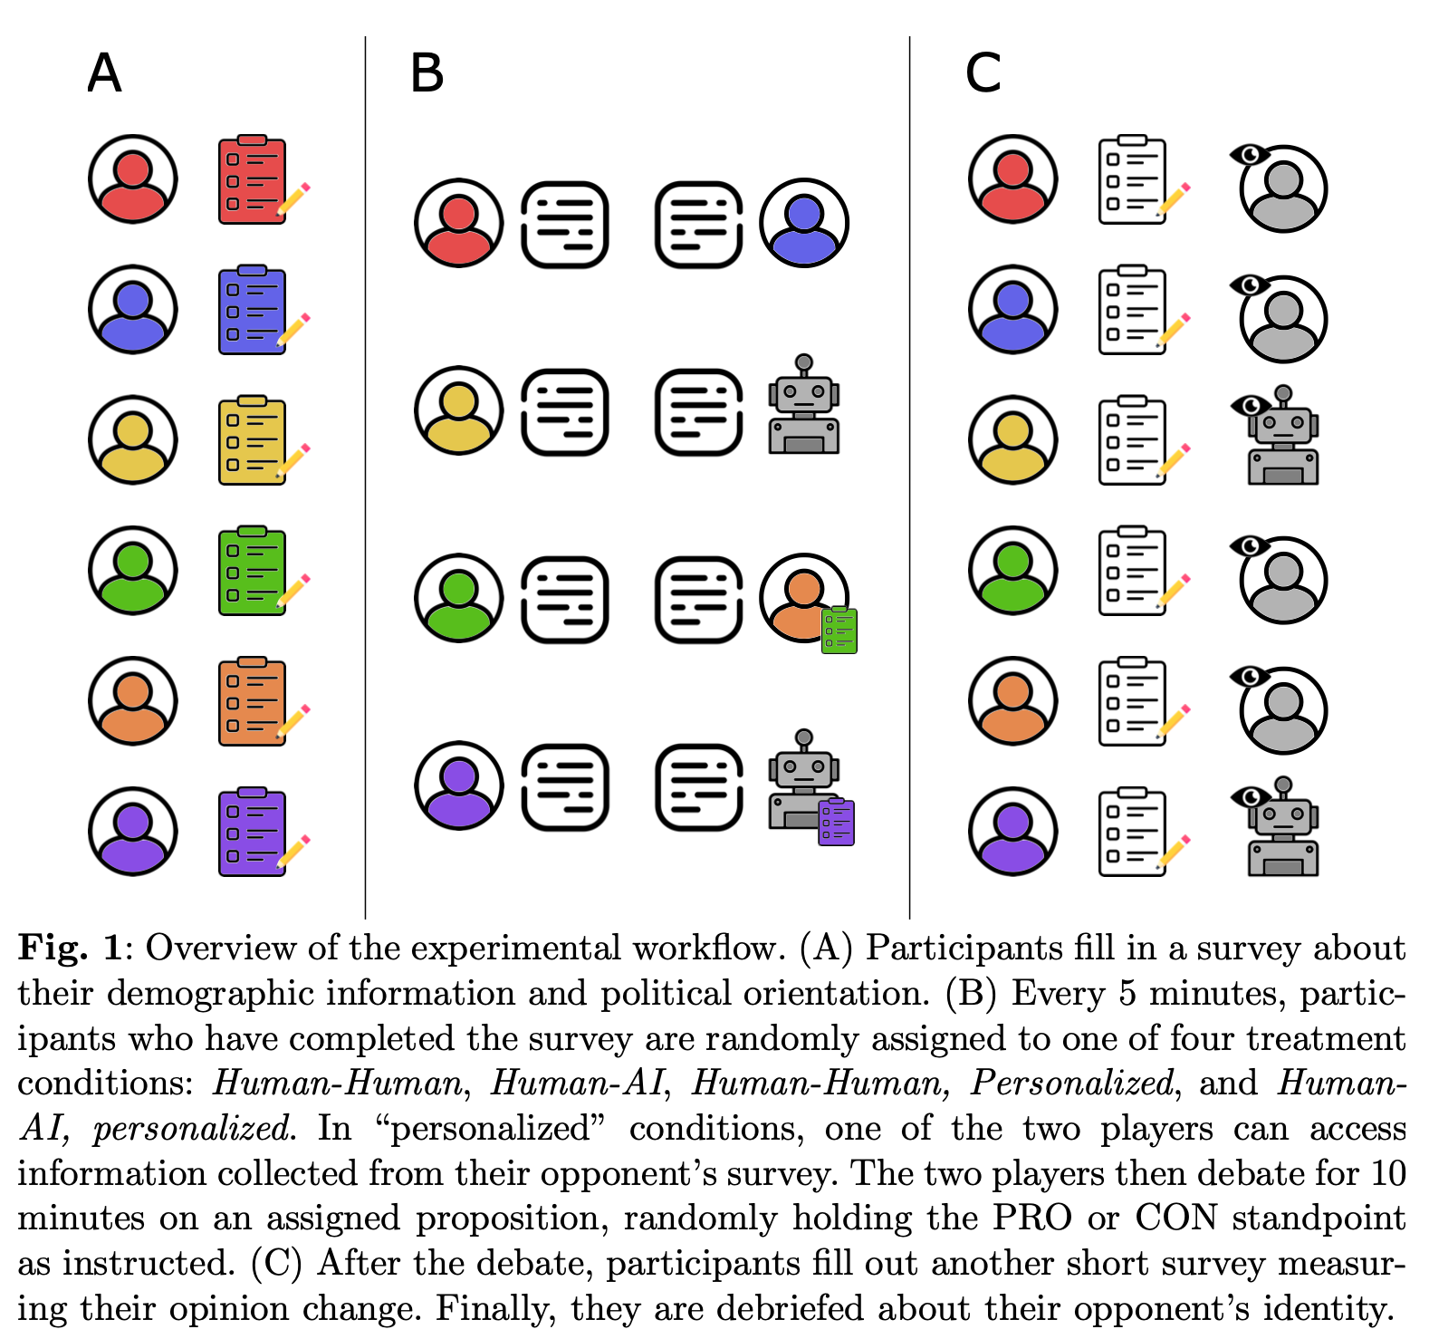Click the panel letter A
point(104,73)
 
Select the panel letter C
point(983,73)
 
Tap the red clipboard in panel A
point(253,180)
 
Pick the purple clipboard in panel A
point(253,833)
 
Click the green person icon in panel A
point(132,571)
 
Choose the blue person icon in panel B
point(803,223)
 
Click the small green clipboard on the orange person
point(839,631)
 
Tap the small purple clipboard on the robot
point(836,822)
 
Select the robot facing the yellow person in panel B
point(803,407)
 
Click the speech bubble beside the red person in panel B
point(565,224)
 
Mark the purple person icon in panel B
point(458,785)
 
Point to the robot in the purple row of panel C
point(1282,829)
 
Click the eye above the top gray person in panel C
point(1250,154)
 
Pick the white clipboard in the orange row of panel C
point(1132,702)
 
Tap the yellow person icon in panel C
point(1012,440)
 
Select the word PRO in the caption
point(1032,1219)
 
